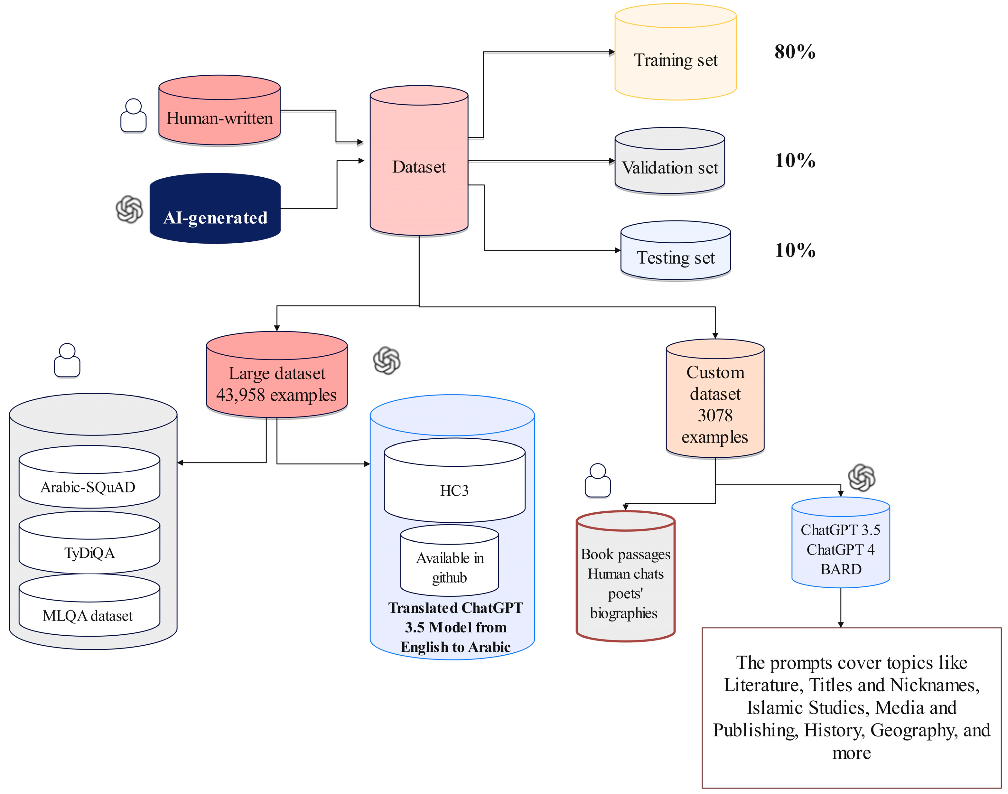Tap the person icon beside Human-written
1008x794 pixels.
(133, 116)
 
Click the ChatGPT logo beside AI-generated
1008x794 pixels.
(129, 209)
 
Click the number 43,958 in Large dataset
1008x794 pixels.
(241, 395)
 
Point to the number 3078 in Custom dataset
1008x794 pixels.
(715, 415)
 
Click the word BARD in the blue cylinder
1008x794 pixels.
(841, 569)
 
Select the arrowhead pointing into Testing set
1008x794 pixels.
(618, 251)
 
